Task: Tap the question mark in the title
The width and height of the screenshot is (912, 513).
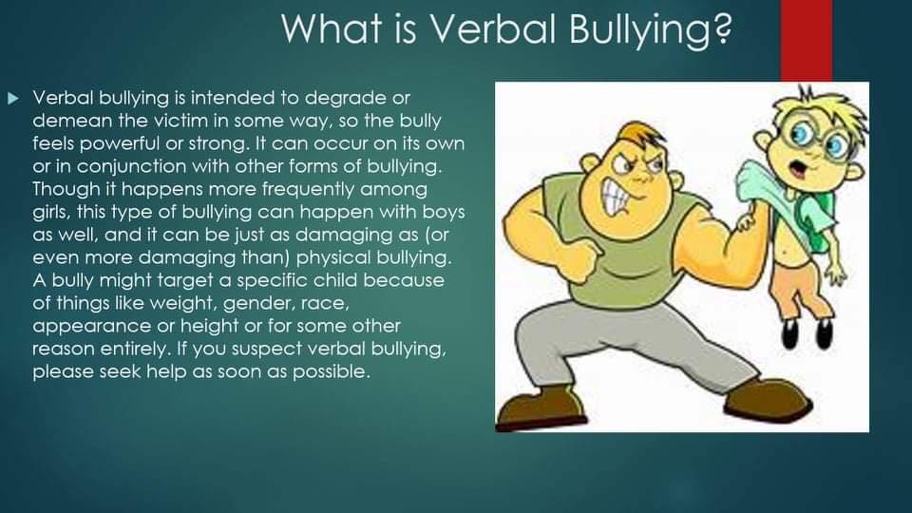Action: tap(722, 28)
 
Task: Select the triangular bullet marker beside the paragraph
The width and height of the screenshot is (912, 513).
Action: tap(12, 98)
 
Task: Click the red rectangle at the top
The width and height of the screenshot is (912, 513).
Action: tap(807, 41)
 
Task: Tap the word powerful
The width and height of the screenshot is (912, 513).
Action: tap(121, 144)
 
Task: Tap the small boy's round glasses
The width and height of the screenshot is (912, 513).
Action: tap(814, 137)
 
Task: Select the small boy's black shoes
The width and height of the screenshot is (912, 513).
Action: tap(807, 333)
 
